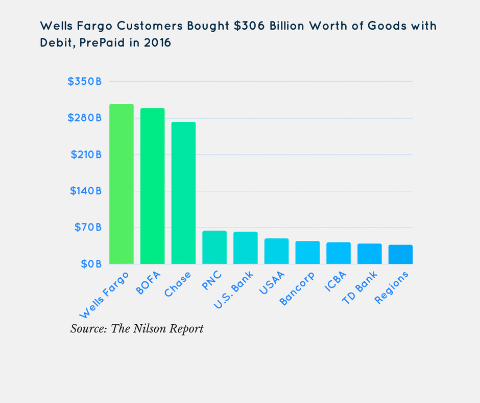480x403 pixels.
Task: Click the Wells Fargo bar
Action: [x=122, y=184]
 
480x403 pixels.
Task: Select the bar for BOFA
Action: [x=152, y=186]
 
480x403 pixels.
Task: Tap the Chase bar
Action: [x=183, y=193]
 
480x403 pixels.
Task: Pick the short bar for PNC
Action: [x=214, y=248]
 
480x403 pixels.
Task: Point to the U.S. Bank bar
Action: [x=246, y=248]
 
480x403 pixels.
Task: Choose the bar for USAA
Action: [x=276, y=251]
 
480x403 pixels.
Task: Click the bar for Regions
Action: [x=400, y=255]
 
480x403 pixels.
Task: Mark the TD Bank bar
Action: [x=370, y=254]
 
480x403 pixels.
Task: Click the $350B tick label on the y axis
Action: [x=85, y=82]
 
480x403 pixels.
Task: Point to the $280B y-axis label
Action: [x=85, y=118]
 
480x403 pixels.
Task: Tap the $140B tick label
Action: [x=85, y=191]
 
